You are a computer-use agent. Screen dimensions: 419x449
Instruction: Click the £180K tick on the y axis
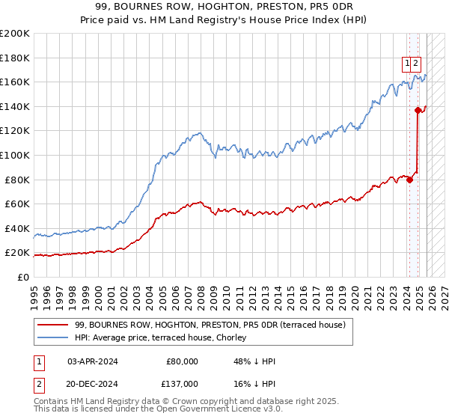[x=15, y=58]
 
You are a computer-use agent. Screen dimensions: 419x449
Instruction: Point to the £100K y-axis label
[x=15, y=155]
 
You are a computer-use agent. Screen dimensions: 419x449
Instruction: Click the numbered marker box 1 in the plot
[x=406, y=64]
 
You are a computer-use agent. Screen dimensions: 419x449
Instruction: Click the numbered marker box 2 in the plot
[x=416, y=64]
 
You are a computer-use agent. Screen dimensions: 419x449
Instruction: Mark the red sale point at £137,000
[x=418, y=110]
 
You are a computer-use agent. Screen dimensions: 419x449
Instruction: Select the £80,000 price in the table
[x=182, y=361]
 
